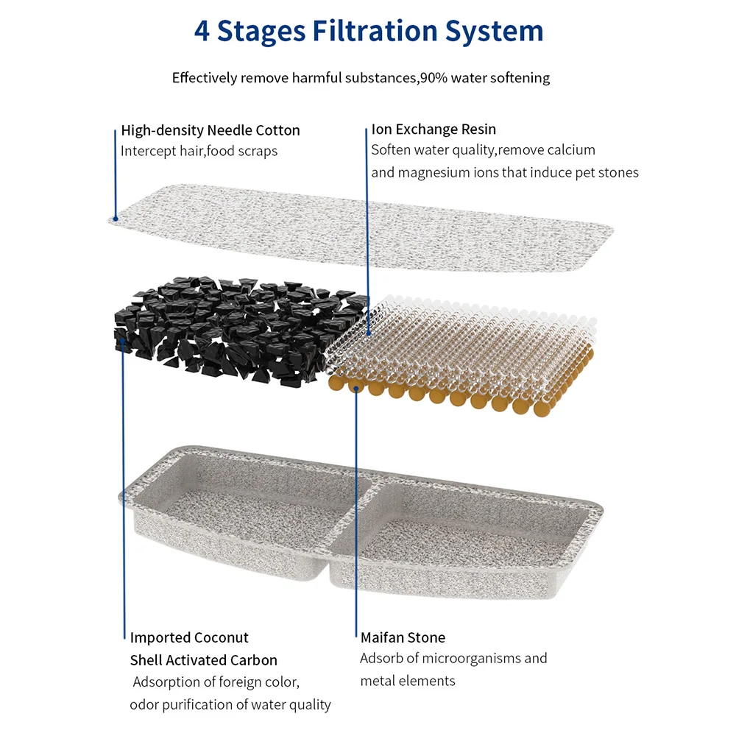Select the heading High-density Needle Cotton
[x=210, y=130]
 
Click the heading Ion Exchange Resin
[x=434, y=130]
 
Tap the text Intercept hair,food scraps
[x=199, y=151]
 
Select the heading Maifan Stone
[x=403, y=637]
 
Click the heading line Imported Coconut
[x=189, y=637]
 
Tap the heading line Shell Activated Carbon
[x=204, y=660]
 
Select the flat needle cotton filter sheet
[x=361, y=224]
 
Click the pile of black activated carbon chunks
[x=236, y=328]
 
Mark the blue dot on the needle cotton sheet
[x=114, y=219]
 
